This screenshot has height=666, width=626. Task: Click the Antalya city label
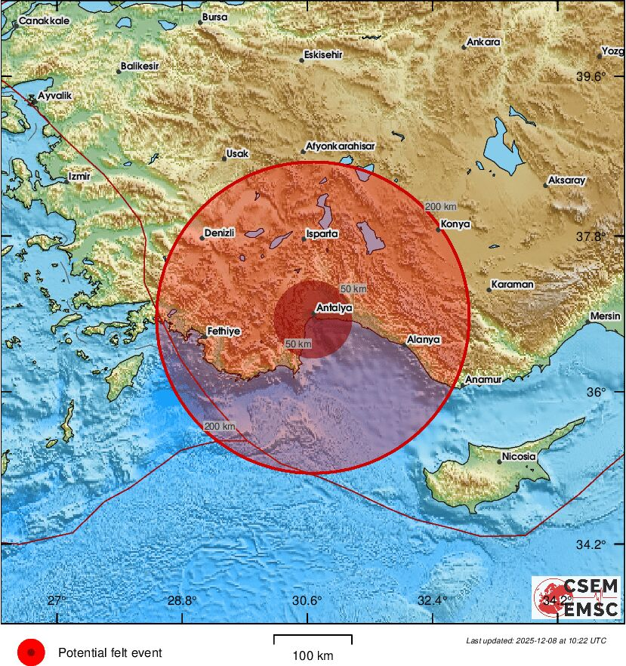click(x=334, y=307)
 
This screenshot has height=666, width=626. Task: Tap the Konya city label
click(x=456, y=224)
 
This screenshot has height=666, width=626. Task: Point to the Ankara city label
click(x=483, y=42)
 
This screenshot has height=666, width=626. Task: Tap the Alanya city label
click(x=423, y=340)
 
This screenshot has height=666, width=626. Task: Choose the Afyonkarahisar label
click(x=340, y=146)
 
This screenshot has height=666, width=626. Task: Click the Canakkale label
click(x=44, y=21)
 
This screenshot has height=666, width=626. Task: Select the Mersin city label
click(x=605, y=316)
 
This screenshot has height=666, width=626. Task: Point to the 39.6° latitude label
click(x=591, y=76)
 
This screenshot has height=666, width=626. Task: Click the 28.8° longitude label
click(x=181, y=601)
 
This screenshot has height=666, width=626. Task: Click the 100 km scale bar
click(x=313, y=640)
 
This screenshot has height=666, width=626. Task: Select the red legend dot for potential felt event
click(x=31, y=652)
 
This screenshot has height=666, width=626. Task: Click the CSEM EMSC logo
click(x=575, y=597)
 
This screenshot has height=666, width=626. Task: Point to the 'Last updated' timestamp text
click(x=535, y=641)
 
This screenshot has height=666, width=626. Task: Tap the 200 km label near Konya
click(x=441, y=206)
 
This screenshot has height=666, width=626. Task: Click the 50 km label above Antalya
click(x=353, y=289)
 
